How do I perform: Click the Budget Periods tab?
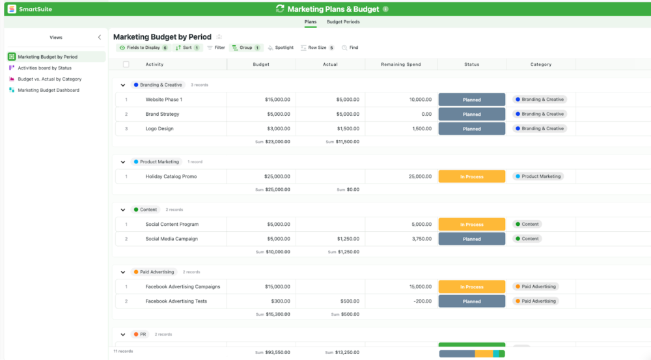pos(343,21)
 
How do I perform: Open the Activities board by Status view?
pos(44,68)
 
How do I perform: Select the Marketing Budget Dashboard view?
pos(48,90)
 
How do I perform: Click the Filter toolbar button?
pos(216,48)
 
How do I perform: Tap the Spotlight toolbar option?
pos(281,48)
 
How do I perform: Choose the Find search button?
pos(350,48)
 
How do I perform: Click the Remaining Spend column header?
pos(400,64)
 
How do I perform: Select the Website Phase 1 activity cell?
pos(164,100)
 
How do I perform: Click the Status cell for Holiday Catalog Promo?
pos(471,176)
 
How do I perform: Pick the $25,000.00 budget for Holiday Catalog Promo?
pos(277,176)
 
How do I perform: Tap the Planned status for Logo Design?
pos(471,129)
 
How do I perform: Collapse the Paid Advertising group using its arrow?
pos(122,272)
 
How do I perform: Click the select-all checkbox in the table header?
pos(126,64)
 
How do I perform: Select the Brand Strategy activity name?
pos(162,114)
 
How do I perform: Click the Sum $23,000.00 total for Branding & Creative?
pos(273,141)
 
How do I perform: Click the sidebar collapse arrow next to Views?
pos(99,38)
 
